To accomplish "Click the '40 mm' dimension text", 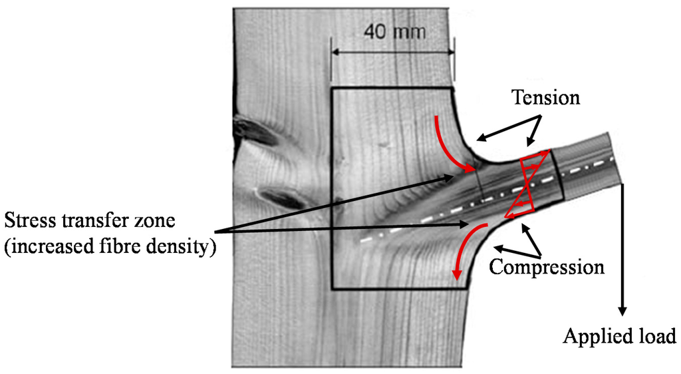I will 392,31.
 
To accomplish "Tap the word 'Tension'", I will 545,98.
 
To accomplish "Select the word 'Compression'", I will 547,268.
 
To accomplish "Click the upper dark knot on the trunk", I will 256,129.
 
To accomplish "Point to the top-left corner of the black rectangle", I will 331,89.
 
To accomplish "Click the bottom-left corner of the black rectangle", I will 331,289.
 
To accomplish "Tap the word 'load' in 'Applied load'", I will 657,335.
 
